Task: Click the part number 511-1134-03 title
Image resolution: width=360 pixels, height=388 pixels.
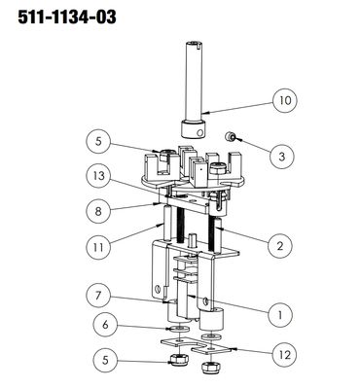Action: [67, 18]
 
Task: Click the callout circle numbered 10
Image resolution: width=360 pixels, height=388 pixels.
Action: [285, 100]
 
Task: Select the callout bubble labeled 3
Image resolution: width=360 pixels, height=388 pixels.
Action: [281, 157]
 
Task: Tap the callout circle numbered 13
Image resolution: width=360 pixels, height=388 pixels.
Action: [98, 176]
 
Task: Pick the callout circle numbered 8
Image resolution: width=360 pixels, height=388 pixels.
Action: [98, 212]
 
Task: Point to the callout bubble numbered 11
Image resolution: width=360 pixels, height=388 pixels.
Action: [98, 248]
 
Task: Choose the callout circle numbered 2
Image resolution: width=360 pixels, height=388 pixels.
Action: [280, 246]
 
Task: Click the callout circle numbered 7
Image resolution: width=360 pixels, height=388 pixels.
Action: [98, 296]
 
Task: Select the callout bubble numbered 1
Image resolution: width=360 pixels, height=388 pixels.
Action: [281, 314]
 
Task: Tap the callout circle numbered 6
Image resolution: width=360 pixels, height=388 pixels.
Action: [105, 325]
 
